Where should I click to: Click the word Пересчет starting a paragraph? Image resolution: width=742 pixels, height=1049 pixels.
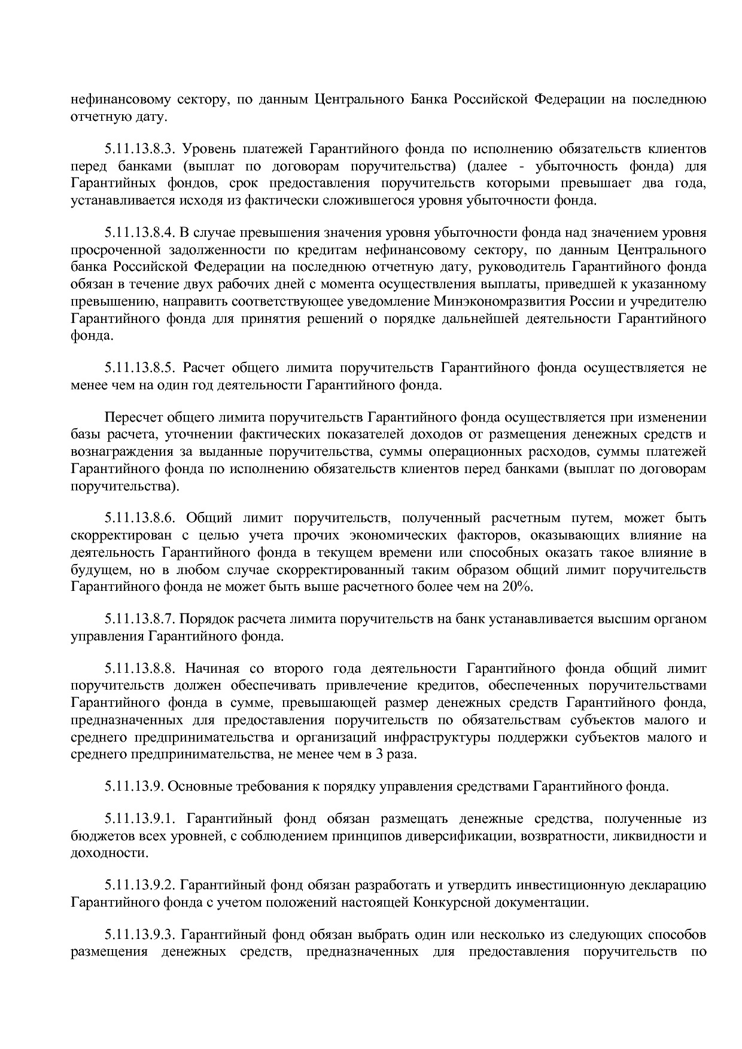(130, 417)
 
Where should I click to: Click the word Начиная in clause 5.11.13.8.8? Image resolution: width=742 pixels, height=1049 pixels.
(209, 668)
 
